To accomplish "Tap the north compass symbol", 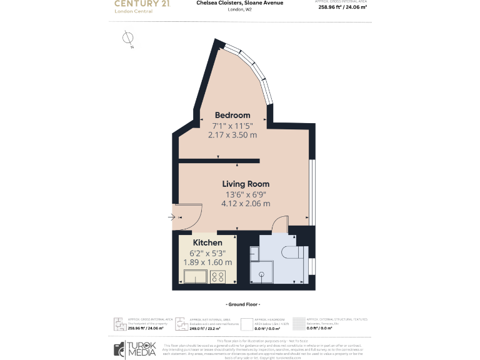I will click(127, 39).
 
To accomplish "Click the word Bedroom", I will click(232, 115).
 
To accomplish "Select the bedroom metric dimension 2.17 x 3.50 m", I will click(232, 134).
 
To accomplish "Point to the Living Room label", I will click(246, 184).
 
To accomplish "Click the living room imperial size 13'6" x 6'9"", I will click(246, 194).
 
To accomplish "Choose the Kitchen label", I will click(207, 242).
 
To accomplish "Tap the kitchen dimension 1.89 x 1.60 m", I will click(207, 262).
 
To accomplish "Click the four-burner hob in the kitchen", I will click(218, 277).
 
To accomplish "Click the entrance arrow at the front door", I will click(172, 217).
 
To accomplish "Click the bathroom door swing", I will click(281, 225).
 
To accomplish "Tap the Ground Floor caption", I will click(242, 304).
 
